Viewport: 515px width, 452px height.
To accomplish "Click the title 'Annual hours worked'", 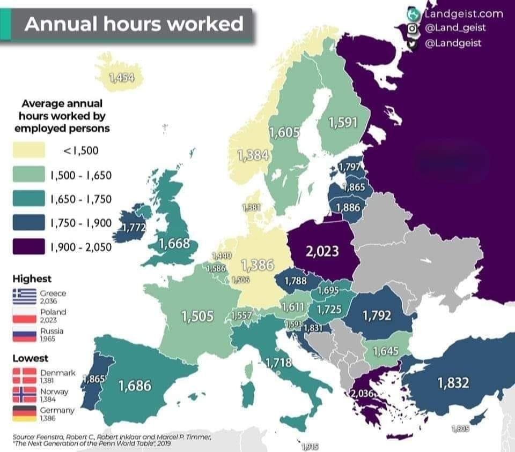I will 134,24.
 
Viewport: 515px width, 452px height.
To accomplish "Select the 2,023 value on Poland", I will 322,251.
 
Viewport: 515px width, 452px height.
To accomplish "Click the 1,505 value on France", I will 197,317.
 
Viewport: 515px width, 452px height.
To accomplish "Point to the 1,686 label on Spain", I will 135,385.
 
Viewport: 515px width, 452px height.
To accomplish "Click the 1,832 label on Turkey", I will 453,383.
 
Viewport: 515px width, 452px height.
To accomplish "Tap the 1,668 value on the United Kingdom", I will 174,244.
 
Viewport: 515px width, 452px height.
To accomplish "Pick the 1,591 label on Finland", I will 343,122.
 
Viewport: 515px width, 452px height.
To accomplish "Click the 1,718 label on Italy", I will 278,363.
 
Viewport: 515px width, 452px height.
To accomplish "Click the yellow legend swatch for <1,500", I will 28,150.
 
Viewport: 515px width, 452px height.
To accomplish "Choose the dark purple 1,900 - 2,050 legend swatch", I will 28,247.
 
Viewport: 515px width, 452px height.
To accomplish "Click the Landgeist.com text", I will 464,13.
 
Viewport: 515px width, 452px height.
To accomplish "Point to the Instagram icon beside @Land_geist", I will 413,28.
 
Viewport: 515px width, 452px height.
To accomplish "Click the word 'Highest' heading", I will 32,278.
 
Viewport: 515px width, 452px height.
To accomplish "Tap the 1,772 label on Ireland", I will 134,228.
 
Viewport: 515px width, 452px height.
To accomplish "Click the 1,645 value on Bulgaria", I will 385,351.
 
